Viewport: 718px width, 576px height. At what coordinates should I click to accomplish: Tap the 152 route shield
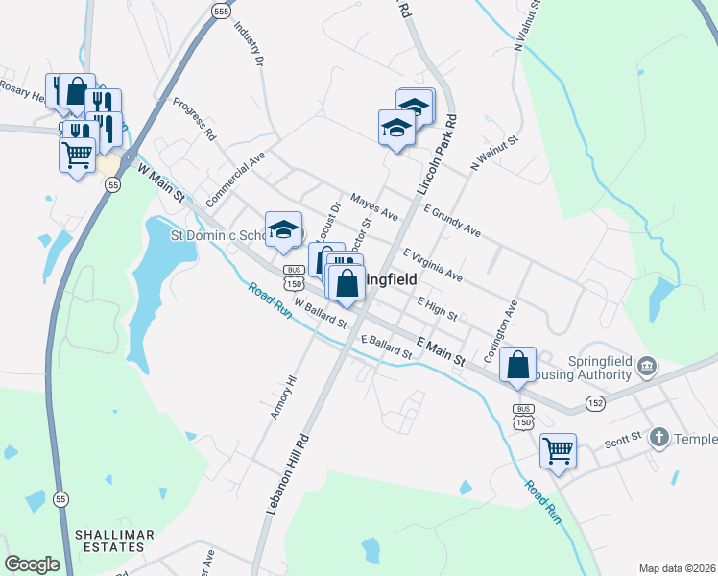point(596,404)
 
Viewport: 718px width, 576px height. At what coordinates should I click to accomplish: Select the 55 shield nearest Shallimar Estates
point(61,499)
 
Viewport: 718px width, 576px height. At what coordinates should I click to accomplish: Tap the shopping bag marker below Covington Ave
point(517,365)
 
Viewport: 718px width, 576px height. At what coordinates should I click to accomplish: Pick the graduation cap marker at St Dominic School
point(283,229)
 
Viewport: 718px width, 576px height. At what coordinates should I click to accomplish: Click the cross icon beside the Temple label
point(658,438)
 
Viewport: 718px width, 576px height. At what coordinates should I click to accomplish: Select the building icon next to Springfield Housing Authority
point(646,366)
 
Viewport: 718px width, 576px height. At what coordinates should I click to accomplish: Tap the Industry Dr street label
point(248,40)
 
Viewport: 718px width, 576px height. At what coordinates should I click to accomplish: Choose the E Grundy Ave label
point(450,220)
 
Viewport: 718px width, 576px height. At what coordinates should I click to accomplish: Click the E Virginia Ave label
point(433,265)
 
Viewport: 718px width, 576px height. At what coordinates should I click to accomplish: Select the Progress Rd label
point(194,119)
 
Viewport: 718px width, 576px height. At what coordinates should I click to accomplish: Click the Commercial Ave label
point(235,175)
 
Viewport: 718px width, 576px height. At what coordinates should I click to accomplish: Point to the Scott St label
point(622,443)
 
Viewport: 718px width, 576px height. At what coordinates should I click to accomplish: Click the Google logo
point(32,564)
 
